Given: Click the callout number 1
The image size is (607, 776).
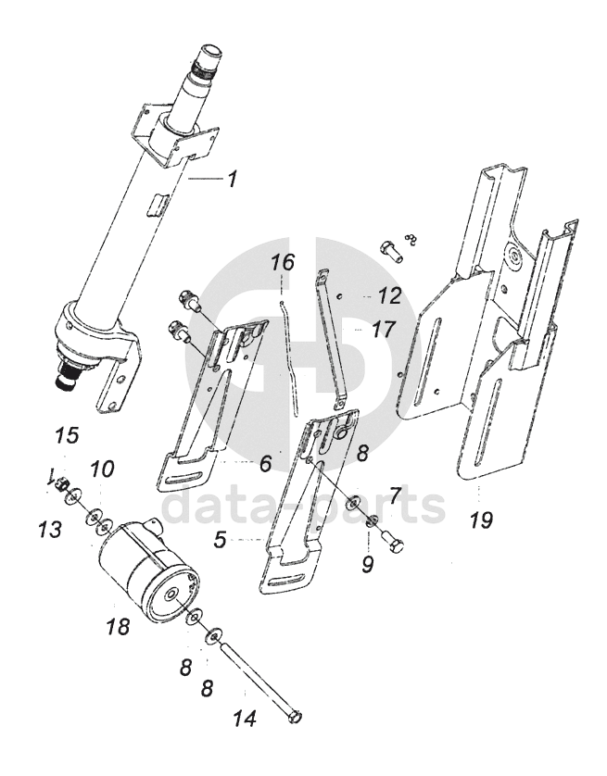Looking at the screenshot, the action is click(230, 180).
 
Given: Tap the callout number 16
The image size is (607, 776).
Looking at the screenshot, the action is click(283, 262).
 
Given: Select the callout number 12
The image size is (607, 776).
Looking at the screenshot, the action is click(389, 296).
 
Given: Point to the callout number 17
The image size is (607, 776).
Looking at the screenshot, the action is click(383, 329).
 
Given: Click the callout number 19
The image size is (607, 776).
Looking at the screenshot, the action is click(481, 519).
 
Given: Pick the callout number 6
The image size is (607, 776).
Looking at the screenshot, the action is click(265, 464).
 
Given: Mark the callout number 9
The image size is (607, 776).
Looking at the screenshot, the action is click(367, 563).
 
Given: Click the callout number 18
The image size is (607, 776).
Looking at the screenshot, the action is click(118, 626).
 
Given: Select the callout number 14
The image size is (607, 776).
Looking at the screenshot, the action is click(245, 717).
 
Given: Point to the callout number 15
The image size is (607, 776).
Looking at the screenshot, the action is click(67, 435).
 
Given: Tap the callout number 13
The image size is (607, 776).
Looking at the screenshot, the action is click(49, 529).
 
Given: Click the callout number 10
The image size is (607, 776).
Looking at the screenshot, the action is click(102, 469).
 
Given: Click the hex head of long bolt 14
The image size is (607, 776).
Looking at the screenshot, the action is click(295, 716).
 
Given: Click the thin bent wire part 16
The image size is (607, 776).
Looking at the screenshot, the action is click(290, 357).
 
